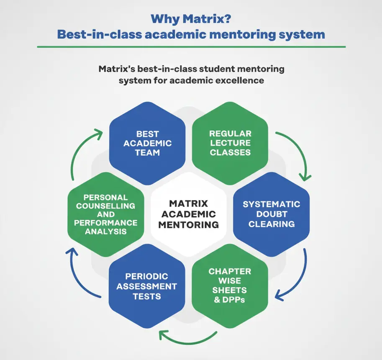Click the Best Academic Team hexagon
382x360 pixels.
pyautogui.click(x=147, y=143)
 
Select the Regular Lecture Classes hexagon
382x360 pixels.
pyautogui.click(x=230, y=143)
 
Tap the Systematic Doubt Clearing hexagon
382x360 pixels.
pyautogui.click(x=271, y=214)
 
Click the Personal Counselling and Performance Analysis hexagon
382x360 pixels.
pyautogui.click(x=105, y=214)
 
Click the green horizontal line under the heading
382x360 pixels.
pyautogui.click(x=191, y=46)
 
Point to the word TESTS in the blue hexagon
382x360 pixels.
pyautogui.click(x=147, y=296)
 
